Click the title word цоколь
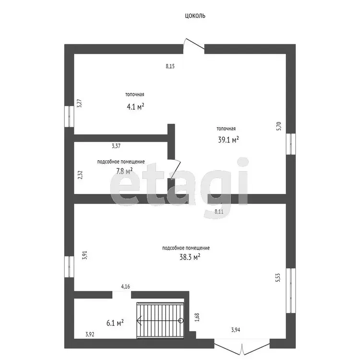195,16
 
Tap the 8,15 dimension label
170,66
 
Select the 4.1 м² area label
135,107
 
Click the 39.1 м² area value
228,140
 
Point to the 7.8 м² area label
124,171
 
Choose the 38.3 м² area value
190,257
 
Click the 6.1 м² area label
115,323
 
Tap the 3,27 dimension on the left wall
79,103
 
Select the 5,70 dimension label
278,126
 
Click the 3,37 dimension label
116,146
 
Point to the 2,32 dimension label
80,175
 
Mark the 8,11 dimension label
219,212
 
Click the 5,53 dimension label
278,277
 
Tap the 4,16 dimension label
125,287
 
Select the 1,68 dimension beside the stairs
197,317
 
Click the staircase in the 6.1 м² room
160,321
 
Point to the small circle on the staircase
181,321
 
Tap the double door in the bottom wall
242,347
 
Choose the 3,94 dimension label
236,330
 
